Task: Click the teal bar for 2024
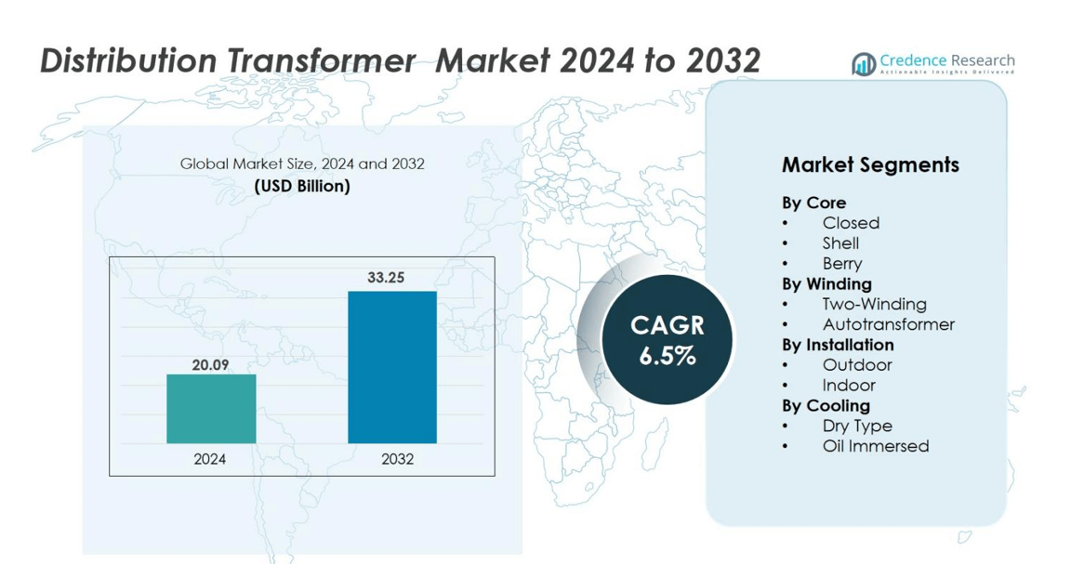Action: pyautogui.click(x=211, y=408)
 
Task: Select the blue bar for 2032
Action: pyautogui.click(x=392, y=367)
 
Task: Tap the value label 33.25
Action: pyautogui.click(x=386, y=277)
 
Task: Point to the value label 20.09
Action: pyautogui.click(x=210, y=365)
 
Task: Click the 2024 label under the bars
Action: pyautogui.click(x=210, y=459)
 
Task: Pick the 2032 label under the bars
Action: pyautogui.click(x=398, y=459)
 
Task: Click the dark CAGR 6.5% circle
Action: pyautogui.click(x=667, y=339)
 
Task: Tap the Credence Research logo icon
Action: pyautogui.click(x=864, y=64)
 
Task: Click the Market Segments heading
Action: pyautogui.click(x=870, y=164)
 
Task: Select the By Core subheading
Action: pyautogui.click(x=814, y=203)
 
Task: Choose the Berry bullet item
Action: pyautogui.click(x=842, y=264)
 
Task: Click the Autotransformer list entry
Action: pyautogui.click(x=889, y=324)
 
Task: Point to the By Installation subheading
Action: pyautogui.click(x=838, y=345)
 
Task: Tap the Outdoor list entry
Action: pyautogui.click(x=857, y=364)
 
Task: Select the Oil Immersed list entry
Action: pyautogui.click(x=876, y=446)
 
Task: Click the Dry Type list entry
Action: pyautogui.click(x=857, y=426)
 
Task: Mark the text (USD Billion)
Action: pyautogui.click(x=302, y=186)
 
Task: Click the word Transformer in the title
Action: pyautogui.click(x=321, y=60)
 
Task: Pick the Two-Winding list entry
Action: pyautogui.click(x=874, y=304)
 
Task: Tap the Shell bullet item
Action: pyautogui.click(x=840, y=243)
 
